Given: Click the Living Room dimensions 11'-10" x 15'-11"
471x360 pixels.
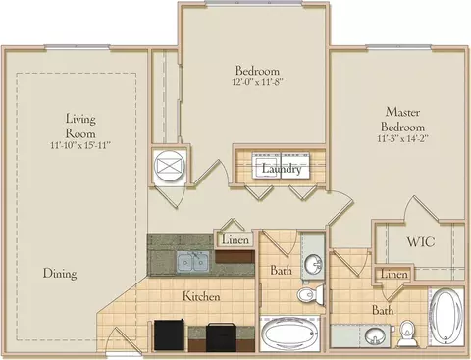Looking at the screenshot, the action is click(x=79, y=145).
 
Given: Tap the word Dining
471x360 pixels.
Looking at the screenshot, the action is click(x=60, y=273).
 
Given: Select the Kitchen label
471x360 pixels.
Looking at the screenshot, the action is click(x=201, y=296).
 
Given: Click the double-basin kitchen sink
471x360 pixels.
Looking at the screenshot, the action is click(x=193, y=262).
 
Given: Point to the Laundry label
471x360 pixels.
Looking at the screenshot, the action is click(x=282, y=169).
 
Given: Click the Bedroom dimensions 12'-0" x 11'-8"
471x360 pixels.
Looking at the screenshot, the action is click(x=257, y=81).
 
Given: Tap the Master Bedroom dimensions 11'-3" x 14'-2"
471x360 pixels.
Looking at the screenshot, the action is click(x=402, y=138).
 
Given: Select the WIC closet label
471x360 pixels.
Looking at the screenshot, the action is click(x=421, y=242).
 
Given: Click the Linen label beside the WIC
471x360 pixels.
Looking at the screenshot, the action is click(x=394, y=274).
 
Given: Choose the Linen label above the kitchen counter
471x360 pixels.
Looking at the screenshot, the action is click(x=235, y=239).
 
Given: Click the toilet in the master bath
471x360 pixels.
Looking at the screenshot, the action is click(x=407, y=334).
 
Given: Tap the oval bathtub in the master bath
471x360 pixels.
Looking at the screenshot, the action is click(x=445, y=317).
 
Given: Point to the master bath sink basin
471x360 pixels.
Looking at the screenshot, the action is click(x=374, y=334).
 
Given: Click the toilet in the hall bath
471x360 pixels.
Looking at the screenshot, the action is click(x=311, y=293).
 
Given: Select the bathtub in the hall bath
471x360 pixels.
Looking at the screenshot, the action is click(x=289, y=334).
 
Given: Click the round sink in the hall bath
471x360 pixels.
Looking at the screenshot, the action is click(x=314, y=263).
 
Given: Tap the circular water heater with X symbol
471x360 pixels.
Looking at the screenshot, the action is click(x=170, y=165).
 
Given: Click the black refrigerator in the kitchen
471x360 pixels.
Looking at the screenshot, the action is click(x=169, y=334).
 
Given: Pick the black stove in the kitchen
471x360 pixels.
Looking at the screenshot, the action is click(x=221, y=337).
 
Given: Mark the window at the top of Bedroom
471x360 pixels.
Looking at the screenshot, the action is click(x=254, y=3).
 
